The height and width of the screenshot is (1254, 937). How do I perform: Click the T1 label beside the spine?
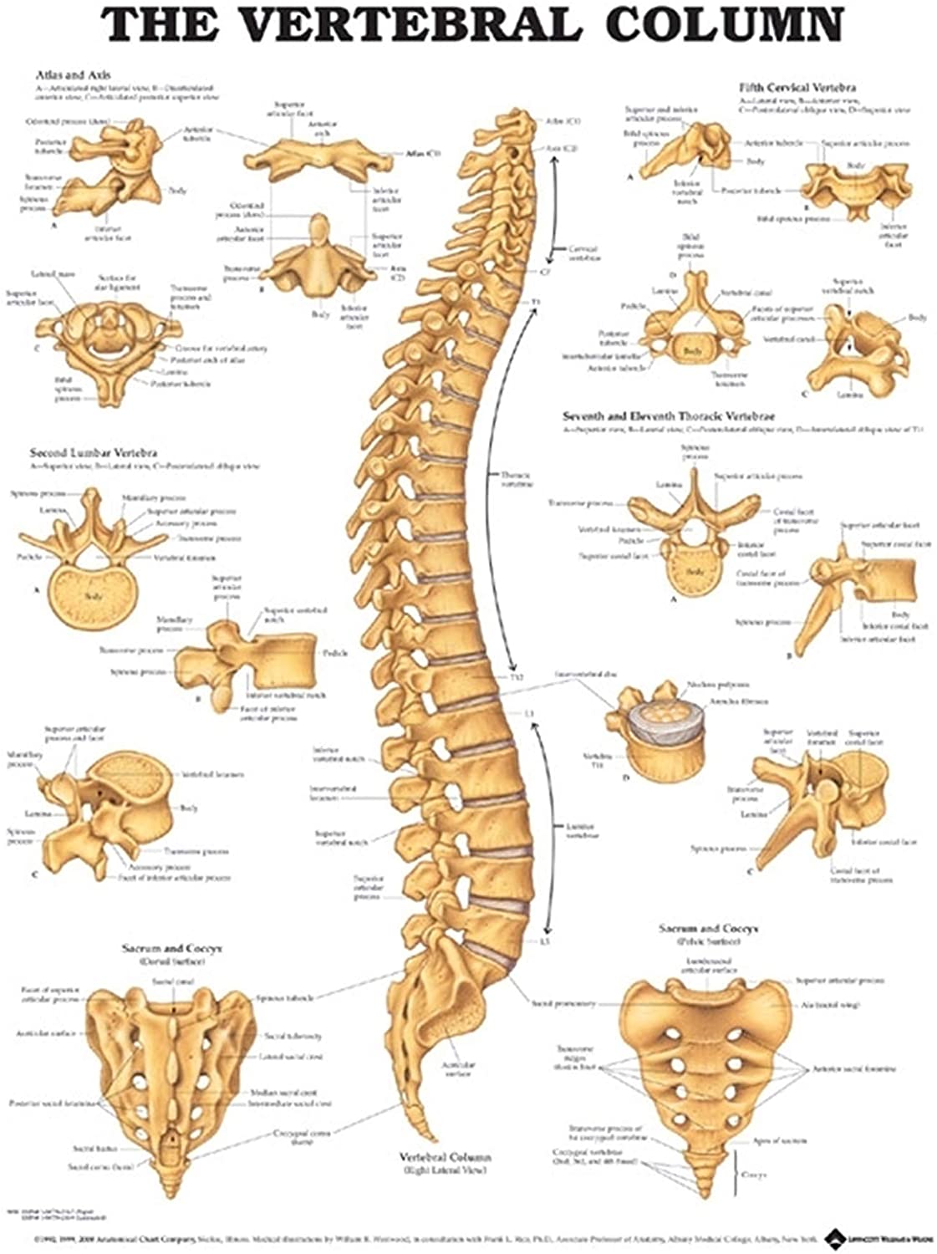pyautogui.click(x=536, y=301)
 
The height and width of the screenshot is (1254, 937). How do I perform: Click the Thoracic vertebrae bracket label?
pyautogui.click(x=517, y=479)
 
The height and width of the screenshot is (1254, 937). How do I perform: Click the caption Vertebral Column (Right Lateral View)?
pyautogui.click(x=446, y=1163)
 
